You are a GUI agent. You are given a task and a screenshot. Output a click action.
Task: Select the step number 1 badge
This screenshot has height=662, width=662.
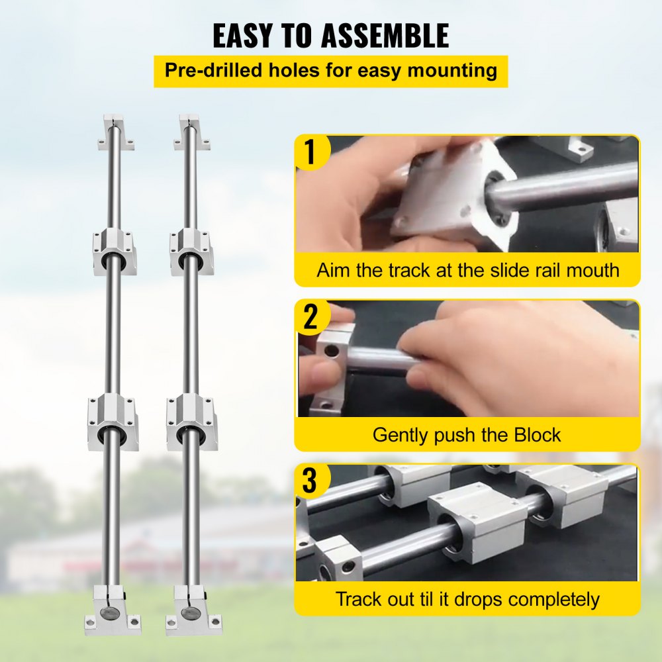(x=310, y=152)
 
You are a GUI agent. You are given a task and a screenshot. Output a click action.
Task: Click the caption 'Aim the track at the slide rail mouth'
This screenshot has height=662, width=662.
(x=467, y=270)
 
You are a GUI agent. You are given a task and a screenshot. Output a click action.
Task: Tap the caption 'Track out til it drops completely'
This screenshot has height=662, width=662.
(x=467, y=600)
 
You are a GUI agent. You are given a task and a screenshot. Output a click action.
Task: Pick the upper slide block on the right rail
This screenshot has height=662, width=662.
(x=192, y=252)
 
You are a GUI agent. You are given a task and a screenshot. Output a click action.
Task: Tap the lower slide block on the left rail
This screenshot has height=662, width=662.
(x=113, y=421)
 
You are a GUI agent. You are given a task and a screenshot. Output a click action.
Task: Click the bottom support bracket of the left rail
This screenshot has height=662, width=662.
(x=113, y=610)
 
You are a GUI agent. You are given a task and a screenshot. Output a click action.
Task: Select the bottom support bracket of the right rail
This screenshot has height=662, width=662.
(x=192, y=610)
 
